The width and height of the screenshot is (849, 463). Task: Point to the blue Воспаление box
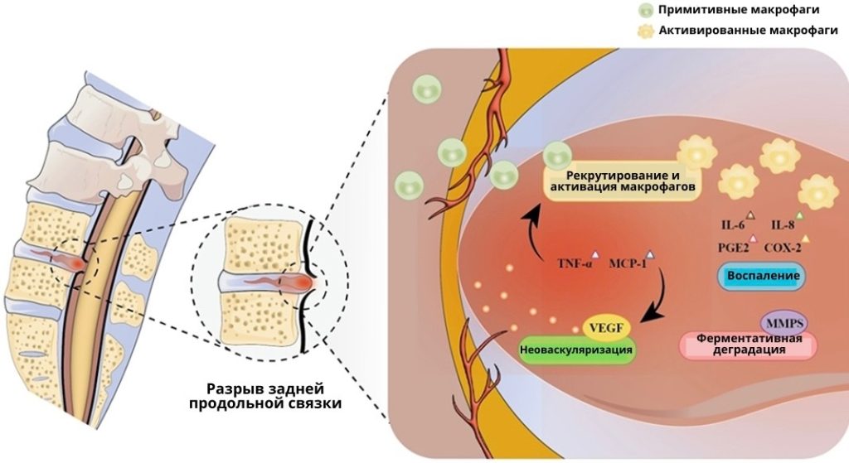[762, 276]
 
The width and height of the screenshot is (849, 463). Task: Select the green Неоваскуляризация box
[576, 350]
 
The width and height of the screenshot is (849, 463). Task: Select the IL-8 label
[783, 224]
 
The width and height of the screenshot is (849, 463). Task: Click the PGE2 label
[734, 247]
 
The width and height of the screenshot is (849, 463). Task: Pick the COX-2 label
[784, 247]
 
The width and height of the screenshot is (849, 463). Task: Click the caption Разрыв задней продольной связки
[264, 396]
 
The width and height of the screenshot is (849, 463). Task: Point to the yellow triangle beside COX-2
[805, 239]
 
